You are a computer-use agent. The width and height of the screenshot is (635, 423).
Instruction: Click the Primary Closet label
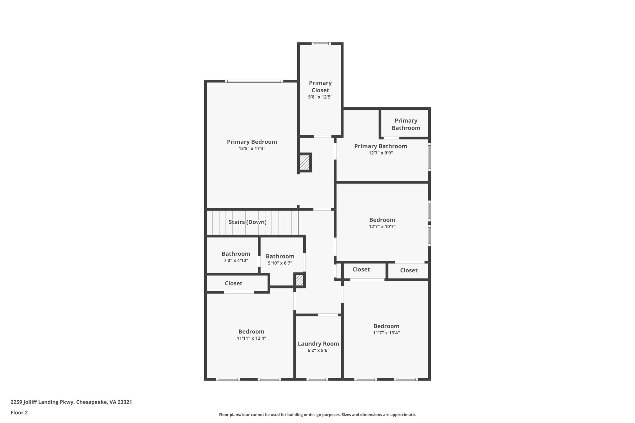[x=320, y=86]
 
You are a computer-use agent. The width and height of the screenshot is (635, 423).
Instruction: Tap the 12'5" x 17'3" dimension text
[x=252, y=149]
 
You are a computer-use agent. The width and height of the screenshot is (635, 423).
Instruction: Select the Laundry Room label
[x=318, y=344]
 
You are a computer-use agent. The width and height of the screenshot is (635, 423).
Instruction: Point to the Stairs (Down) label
[x=247, y=222]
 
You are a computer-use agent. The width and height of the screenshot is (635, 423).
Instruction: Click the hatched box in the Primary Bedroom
[x=304, y=162]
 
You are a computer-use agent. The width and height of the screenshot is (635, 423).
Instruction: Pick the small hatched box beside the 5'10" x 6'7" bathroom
[x=299, y=280]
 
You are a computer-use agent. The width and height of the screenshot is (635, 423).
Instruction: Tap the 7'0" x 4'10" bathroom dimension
[x=236, y=261]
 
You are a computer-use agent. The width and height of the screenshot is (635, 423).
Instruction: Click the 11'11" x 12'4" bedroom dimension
[x=251, y=338]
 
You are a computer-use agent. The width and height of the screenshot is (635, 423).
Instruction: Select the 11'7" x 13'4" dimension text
[x=386, y=333]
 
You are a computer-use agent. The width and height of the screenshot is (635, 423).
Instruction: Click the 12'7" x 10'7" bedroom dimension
[x=382, y=227]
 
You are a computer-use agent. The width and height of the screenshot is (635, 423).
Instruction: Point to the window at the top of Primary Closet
[x=321, y=44]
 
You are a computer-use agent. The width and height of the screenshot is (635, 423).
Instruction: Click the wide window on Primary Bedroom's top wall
[x=254, y=81]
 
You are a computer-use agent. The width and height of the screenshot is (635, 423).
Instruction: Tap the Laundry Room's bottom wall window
[x=317, y=379]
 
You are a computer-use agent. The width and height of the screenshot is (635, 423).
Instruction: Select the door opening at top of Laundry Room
[x=328, y=315]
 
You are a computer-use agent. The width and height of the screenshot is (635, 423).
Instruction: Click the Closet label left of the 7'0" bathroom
[x=233, y=283]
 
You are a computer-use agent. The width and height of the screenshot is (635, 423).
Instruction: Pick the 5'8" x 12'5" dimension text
[x=320, y=97]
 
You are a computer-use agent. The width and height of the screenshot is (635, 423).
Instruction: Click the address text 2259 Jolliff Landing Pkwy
[x=71, y=402]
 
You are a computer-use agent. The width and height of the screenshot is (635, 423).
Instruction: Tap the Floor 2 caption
[x=19, y=412]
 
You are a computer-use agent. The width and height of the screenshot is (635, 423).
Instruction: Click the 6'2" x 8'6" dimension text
[x=318, y=350]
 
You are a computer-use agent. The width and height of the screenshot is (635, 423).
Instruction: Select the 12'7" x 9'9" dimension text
[x=380, y=153]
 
